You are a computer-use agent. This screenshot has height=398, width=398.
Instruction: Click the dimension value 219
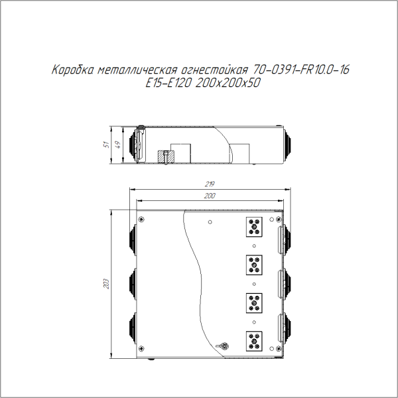(210, 183)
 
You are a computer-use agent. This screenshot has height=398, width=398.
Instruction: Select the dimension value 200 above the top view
(210, 196)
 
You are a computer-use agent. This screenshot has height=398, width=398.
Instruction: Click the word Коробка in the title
(72, 70)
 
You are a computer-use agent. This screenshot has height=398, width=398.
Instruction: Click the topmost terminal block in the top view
(254, 227)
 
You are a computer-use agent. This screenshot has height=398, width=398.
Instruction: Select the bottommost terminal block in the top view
(254, 341)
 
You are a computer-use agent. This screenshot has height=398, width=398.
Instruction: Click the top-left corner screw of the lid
(141, 218)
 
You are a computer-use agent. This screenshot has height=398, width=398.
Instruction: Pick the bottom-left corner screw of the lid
(141, 352)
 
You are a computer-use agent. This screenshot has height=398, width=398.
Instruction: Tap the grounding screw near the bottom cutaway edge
(224, 345)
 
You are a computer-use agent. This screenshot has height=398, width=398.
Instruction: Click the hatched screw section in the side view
(165, 157)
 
